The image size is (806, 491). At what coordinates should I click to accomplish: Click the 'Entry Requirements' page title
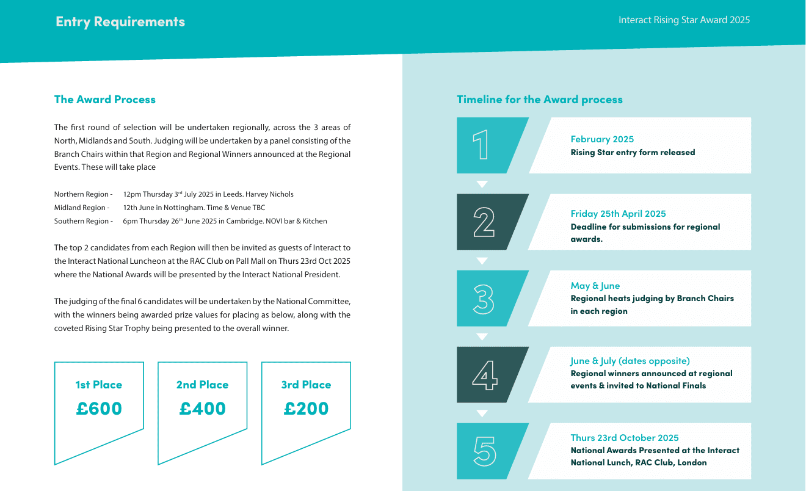click(120, 22)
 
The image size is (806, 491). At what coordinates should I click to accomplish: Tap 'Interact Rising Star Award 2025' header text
click(684, 20)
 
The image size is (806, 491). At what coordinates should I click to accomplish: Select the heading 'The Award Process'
click(105, 100)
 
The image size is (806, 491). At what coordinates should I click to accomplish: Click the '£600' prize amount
click(99, 409)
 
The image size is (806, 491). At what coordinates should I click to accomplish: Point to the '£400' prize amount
click(203, 409)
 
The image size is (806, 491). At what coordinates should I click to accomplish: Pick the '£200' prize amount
click(306, 409)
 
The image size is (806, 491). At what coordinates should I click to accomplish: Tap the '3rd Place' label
click(306, 385)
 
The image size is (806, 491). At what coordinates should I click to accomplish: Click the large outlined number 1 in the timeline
click(481, 145)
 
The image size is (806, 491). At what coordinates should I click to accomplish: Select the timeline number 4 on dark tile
click(484, 375)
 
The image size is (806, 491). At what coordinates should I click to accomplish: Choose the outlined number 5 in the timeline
click(484, 451)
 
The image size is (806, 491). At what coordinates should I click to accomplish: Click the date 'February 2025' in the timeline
click(602, 139)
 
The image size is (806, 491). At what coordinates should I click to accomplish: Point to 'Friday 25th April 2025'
click(618, 214)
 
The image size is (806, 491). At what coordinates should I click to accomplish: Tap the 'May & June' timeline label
click(595, 286)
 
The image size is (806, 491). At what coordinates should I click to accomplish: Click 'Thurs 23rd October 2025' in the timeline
click(625, 438)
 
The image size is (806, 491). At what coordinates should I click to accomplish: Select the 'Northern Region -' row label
click(83, 194)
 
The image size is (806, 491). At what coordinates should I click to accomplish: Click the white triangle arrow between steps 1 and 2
click(482, 184)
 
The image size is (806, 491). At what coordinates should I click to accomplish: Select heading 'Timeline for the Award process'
click(540, 100)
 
